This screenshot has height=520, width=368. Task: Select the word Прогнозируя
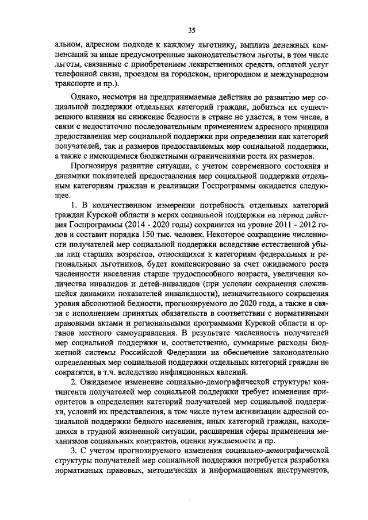pos(94,167)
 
